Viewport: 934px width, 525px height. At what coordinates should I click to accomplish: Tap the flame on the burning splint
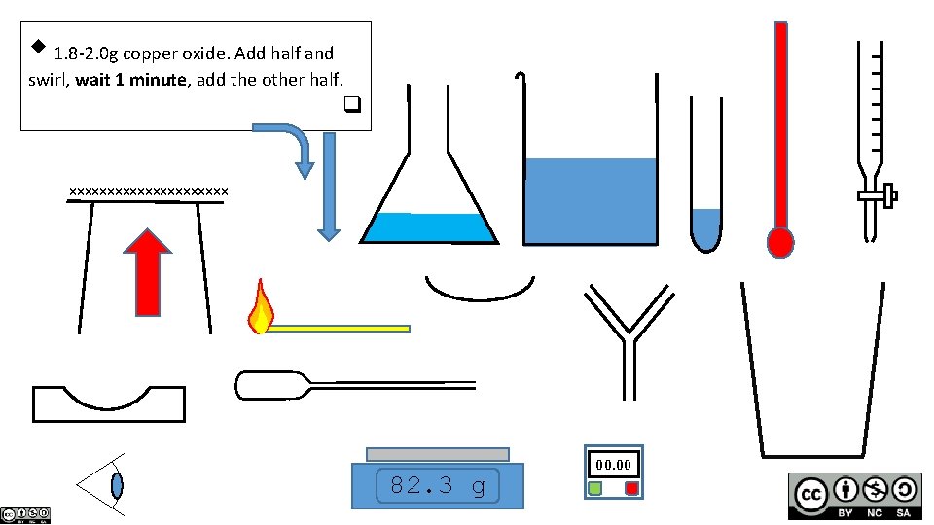(261, 309)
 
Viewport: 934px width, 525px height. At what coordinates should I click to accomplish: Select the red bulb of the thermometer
(780, 241)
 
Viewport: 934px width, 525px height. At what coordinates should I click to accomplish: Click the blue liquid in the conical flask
(429, 227)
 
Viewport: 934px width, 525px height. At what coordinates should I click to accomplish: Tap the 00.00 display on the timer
(614, 465)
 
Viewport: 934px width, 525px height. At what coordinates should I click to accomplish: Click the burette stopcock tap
(877, 197)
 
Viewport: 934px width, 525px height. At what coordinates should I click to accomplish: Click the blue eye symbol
(117, 483)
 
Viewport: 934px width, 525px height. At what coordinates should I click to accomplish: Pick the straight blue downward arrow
(329, 185)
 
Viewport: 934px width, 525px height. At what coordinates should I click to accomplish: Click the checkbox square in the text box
(352, 103)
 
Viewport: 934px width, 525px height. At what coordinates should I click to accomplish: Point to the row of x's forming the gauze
(149, 191)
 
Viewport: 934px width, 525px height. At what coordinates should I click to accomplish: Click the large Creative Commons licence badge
(854, 496)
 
